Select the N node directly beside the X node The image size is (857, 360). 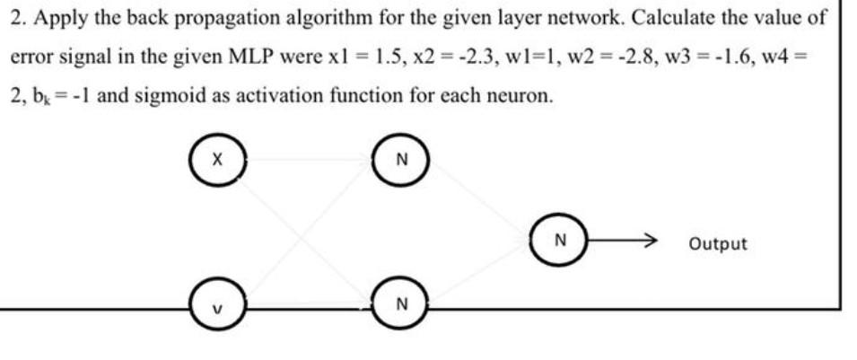[x=401, y=161]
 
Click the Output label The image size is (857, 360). [x=717, y=243]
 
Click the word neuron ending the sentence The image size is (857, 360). [x=520, y=95]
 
